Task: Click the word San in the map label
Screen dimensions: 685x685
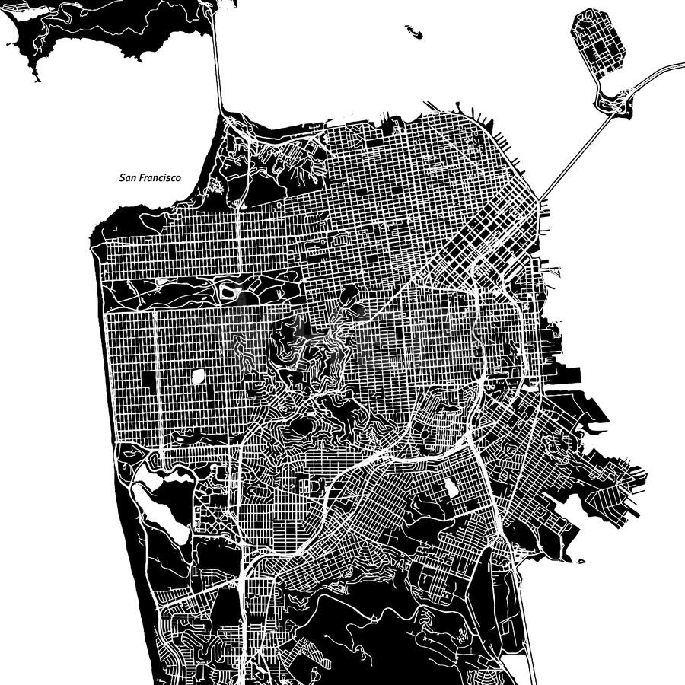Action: [128, 178]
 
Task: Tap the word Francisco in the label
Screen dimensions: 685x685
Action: [159, 178]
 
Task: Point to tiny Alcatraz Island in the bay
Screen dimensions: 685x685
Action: [413, 32]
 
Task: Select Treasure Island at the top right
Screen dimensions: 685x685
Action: [598, 43]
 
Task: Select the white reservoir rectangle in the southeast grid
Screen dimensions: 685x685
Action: [451, 487]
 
